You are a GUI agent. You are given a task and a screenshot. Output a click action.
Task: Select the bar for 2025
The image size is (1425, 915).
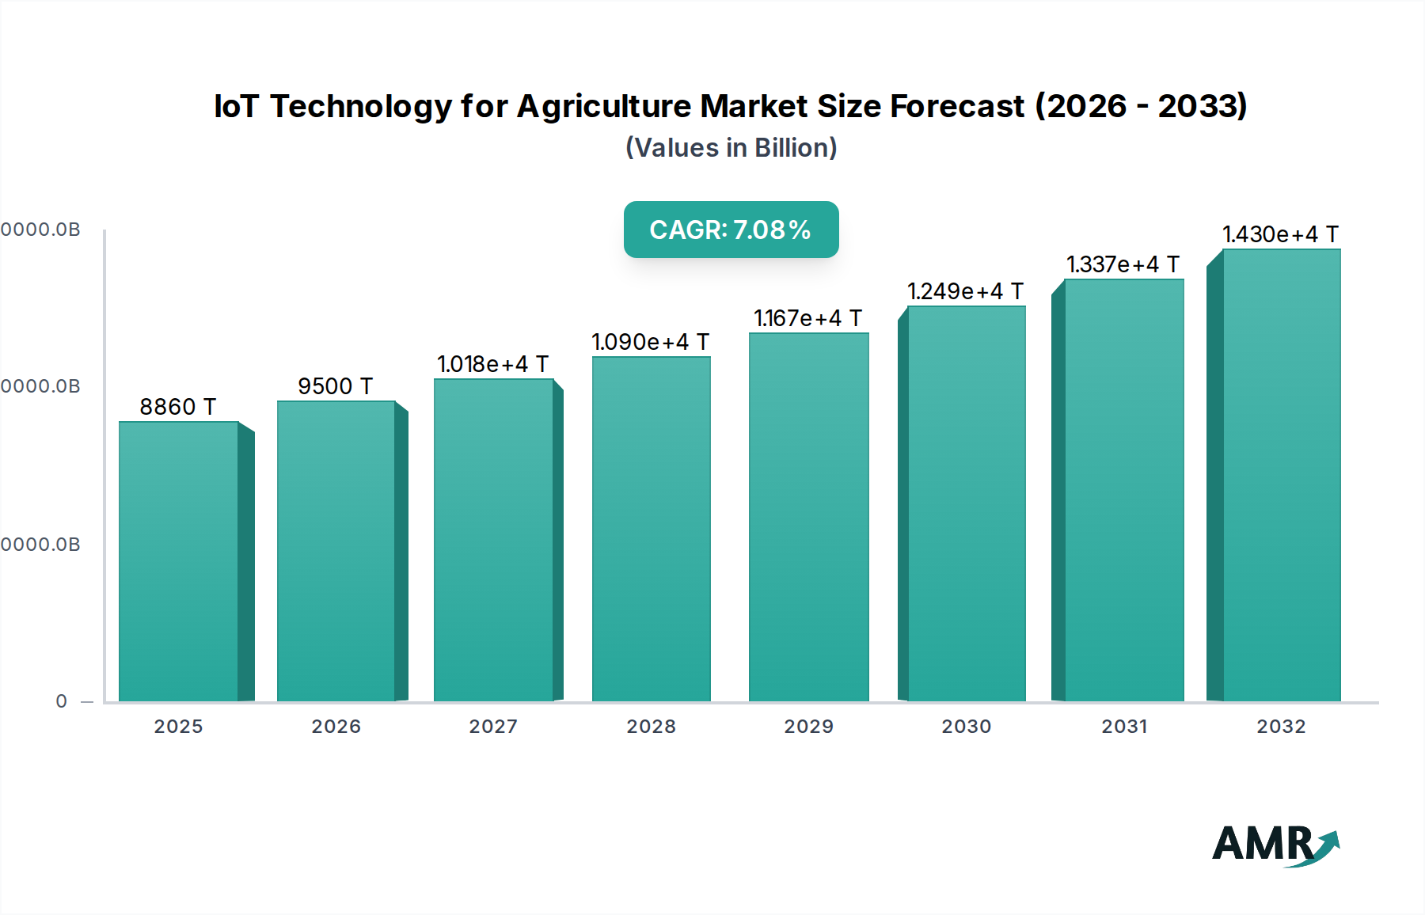179,561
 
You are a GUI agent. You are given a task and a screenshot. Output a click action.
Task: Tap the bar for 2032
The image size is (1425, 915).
1281,475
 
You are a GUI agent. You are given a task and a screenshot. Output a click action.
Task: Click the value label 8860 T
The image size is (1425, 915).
178,407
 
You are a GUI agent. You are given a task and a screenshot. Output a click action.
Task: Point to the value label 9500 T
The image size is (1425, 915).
335,386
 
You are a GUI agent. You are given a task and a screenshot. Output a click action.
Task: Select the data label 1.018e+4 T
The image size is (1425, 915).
492,364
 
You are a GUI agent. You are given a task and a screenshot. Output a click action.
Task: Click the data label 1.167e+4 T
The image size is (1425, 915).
807,318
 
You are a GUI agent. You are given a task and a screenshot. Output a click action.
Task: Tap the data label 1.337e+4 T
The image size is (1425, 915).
1123,264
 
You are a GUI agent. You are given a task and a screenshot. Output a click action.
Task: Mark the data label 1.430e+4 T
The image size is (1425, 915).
1280,234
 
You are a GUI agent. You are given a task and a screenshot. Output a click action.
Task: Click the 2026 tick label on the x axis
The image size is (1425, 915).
336,727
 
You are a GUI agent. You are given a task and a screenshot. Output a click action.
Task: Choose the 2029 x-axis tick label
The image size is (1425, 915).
808,727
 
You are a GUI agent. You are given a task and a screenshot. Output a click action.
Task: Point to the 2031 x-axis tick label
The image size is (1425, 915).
1124,727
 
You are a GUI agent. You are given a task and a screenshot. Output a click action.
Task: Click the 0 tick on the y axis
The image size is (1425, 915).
62,701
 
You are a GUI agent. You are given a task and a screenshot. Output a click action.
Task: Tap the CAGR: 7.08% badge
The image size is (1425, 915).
731,230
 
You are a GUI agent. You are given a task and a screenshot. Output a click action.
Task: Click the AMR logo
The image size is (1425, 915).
1275,845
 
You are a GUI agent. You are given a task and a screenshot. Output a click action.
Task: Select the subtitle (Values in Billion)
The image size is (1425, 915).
731,148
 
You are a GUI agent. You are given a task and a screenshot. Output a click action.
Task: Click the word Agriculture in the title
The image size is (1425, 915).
604,106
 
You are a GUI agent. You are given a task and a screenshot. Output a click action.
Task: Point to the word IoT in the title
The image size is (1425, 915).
236,106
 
